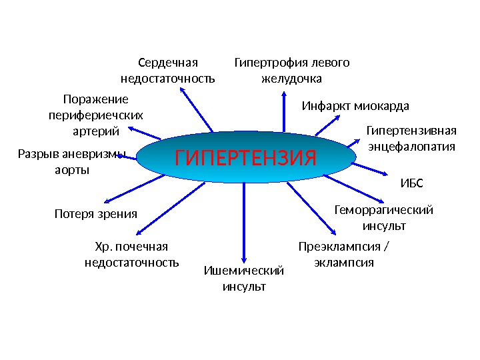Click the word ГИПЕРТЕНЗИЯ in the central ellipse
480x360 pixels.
point(245,159)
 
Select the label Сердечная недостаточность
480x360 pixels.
point(168,71)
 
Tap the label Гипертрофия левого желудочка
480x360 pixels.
point(291,71)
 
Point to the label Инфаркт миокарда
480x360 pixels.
point(355,106)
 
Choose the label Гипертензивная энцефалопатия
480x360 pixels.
point(411,138)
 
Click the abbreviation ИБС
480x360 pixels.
point(411,183)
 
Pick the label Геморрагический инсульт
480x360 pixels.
point(383,218)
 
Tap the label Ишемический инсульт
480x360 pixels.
point(243,278)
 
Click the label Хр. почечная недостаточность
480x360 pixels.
point(132,255)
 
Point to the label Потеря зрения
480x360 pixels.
point(95,214)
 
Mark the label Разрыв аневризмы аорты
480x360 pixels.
point(71,162)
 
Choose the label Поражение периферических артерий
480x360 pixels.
point(95,114)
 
